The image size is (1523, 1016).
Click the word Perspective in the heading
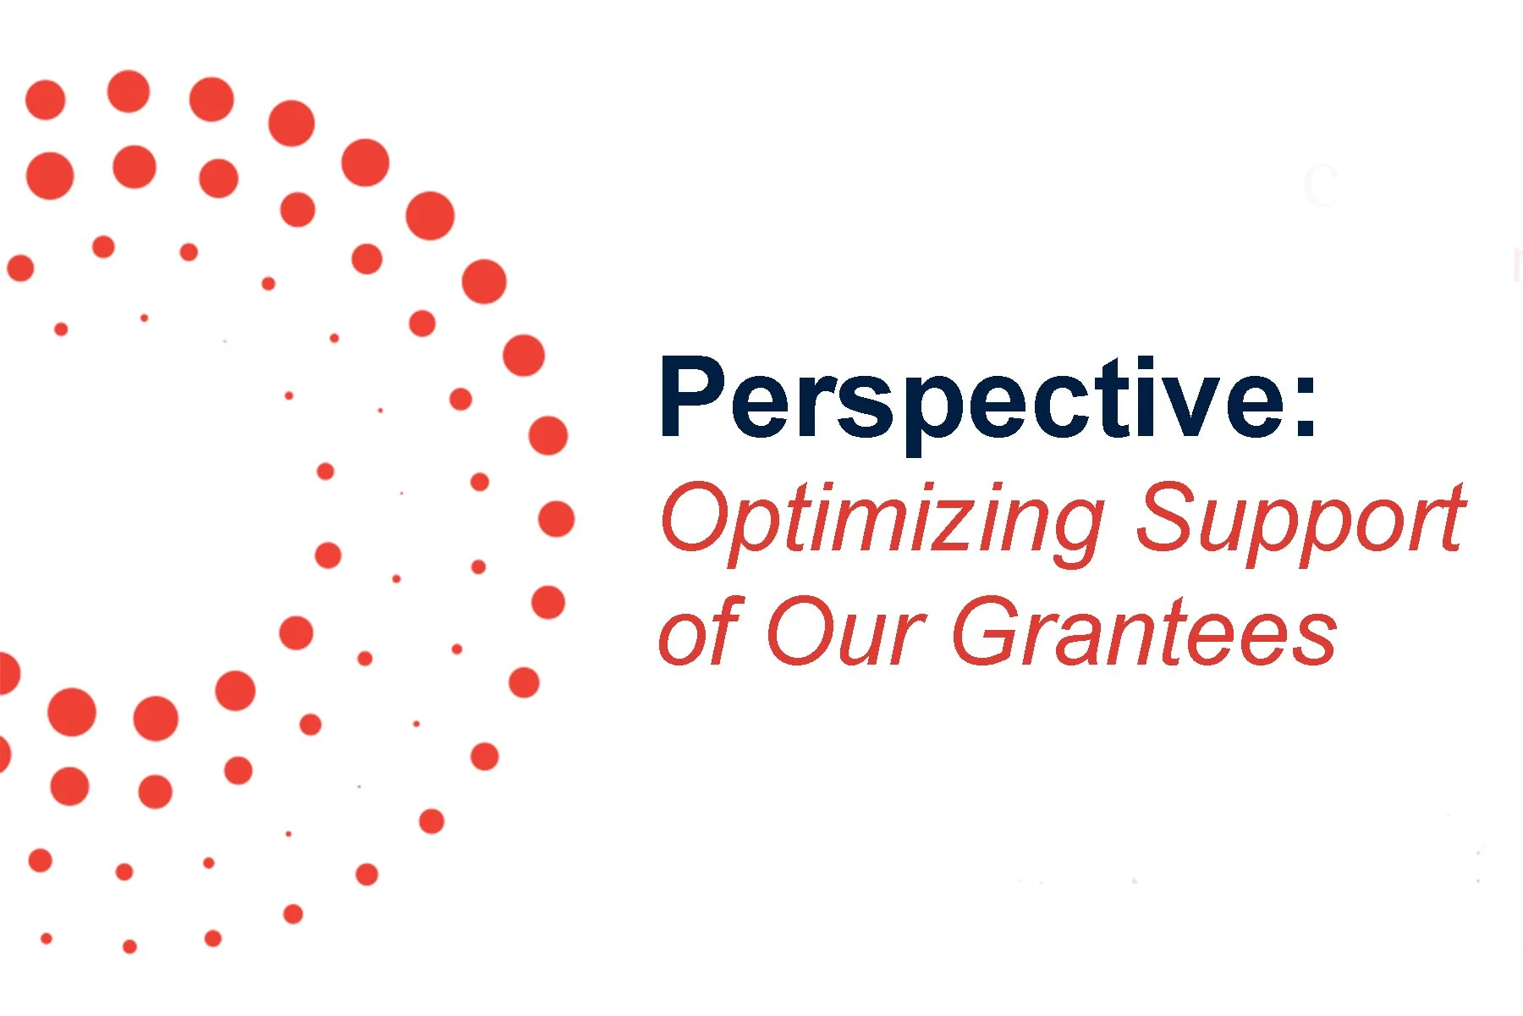[973, 398]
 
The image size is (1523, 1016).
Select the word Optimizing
[880, 518]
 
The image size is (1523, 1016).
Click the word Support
[1300, 518]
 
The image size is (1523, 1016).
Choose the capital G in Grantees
[990, 631]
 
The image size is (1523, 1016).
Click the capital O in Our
[800, 631]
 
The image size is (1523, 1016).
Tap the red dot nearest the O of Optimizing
[556, 519]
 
